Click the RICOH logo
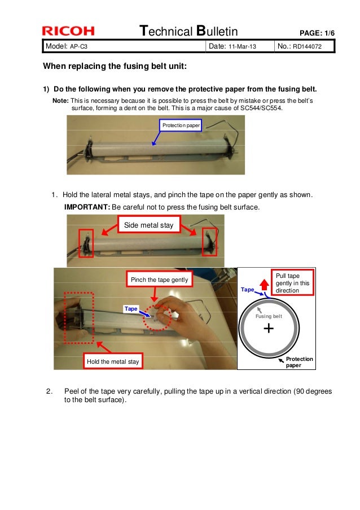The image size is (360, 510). click(x=68, y=31)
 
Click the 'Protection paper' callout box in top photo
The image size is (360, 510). click(x=181, y=125)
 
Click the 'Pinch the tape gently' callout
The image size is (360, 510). click(x=159, y=280)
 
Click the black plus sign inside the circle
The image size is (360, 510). click(x=269, y=328)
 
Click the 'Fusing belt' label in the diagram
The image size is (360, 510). click(x=269, y=316)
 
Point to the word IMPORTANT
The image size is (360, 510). click(x=87, y=207)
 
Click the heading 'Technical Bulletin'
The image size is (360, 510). click(x=188, y=30)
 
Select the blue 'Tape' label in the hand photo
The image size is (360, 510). click(x=131, y=308)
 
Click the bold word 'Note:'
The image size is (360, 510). click(x=60, y=100)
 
